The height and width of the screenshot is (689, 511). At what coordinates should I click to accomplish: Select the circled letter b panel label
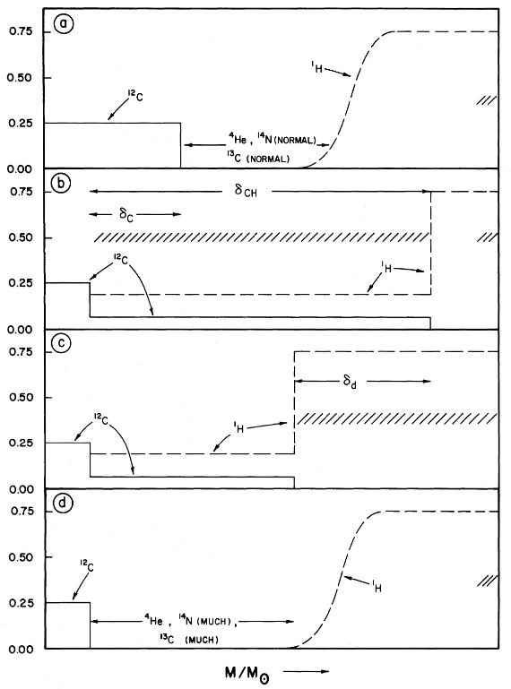61,184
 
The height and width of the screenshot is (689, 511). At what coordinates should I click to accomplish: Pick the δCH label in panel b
245,191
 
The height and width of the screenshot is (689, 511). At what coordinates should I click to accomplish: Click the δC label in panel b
126,214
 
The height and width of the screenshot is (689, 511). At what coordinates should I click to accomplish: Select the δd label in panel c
349,382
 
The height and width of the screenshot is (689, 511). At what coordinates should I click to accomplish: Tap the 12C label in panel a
135,96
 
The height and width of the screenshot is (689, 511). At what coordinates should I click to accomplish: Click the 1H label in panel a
316,68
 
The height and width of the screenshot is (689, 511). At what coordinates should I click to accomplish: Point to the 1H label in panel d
376,586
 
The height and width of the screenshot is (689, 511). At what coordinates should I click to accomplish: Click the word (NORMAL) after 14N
297,141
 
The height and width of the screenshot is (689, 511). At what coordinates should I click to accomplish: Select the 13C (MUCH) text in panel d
189,640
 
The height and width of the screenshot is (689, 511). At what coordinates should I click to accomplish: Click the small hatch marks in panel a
487,100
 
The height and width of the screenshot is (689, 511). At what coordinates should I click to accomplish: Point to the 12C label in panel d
87,565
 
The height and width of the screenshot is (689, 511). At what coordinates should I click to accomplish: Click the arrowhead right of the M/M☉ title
325,671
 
